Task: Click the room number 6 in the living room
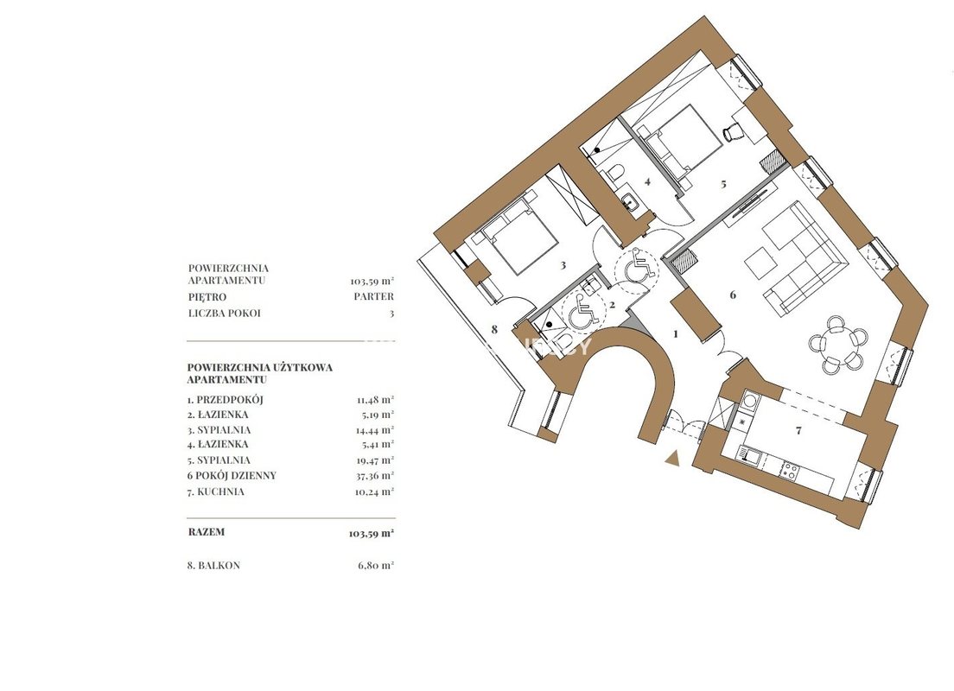[733, 295]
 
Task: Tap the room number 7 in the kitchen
[798, 431]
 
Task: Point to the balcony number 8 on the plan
[494, 330]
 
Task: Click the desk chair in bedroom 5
[731, 131]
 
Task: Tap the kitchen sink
[746, 453]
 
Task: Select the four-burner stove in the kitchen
[789, 470]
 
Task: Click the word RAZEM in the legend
[207, 531]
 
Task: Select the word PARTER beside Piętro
[373, 297]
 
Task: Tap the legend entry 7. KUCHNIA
[216, 491]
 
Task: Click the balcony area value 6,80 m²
[376, 565]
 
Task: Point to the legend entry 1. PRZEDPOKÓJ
[226, 400]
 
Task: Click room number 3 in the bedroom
[563, 265]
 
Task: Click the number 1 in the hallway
[676, 333]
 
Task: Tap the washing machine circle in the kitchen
[750, 400]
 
